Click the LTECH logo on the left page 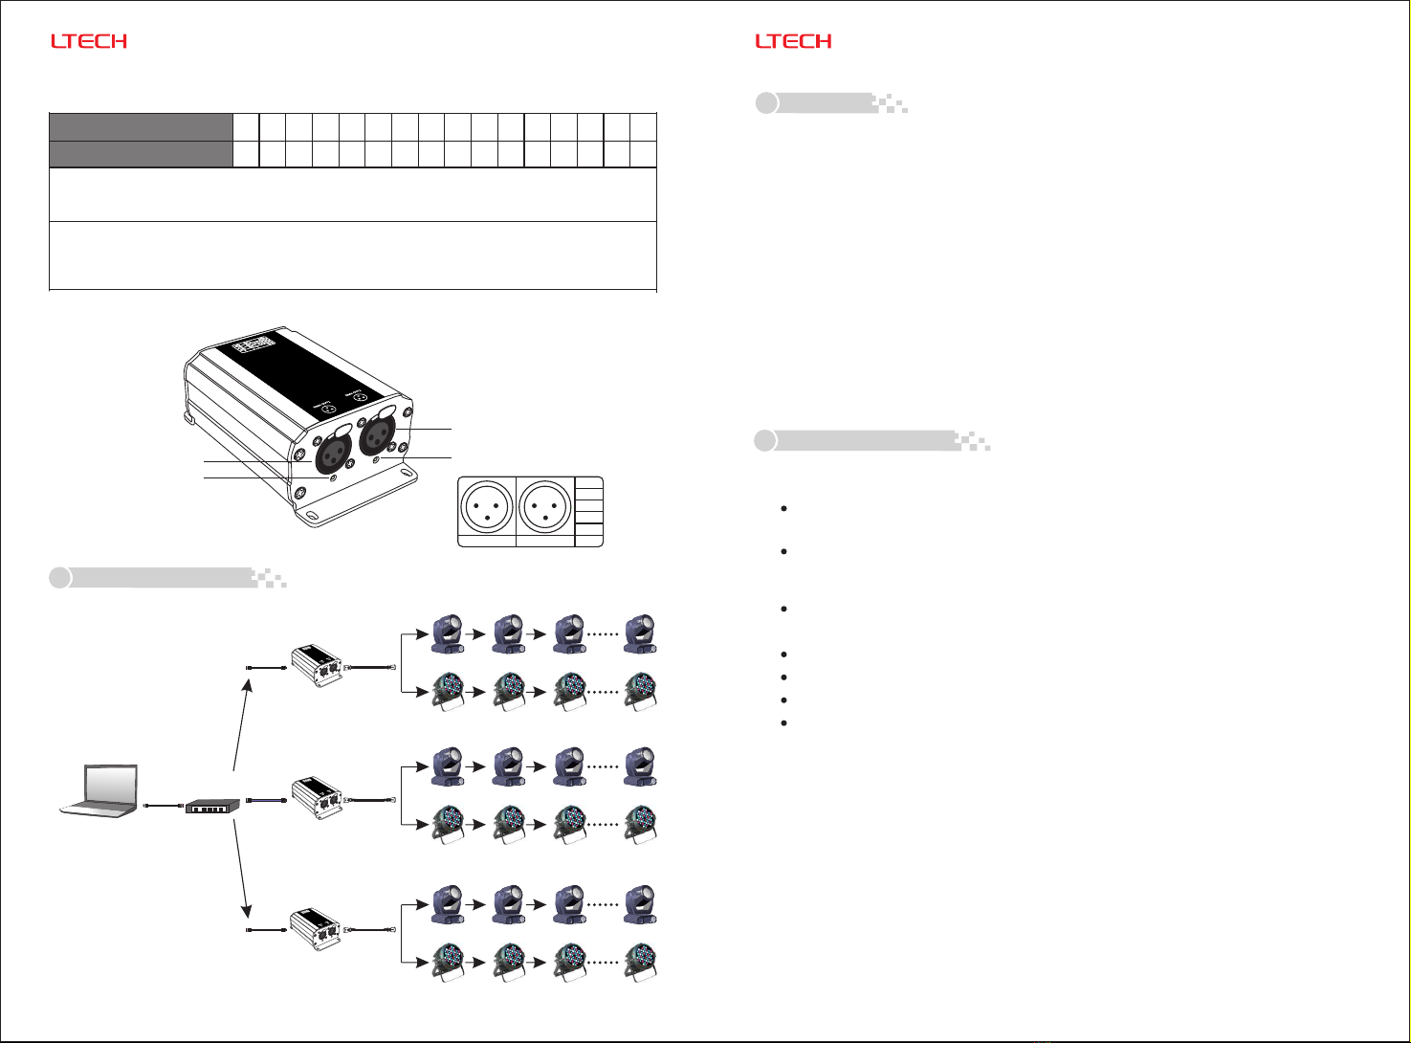(x=89, y=41)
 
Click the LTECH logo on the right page (x=793, y=41)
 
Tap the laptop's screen (x=111, y=782)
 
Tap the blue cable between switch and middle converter (x=267, y=800)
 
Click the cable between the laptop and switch (x=163, y=808)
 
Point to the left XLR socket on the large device (x=334, y=449)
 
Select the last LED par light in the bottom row (x=640, y=961)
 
